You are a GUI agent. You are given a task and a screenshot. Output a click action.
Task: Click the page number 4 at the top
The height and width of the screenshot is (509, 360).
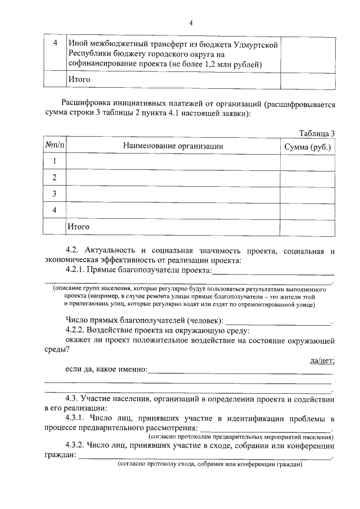pos(191,22)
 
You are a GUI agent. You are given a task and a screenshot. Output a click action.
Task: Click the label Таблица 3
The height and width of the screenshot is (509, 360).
pos(317,133)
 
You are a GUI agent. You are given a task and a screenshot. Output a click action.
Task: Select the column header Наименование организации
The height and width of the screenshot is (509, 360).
pos(173,146)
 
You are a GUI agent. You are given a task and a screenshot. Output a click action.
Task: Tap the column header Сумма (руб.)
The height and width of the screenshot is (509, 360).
pos(308,147)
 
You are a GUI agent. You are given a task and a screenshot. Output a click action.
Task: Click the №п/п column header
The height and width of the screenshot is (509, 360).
pos(55,146)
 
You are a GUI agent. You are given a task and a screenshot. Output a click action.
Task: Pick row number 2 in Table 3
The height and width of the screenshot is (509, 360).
pos(55,178)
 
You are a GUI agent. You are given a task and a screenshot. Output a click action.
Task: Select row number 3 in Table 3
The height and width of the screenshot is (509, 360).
pos(55,194)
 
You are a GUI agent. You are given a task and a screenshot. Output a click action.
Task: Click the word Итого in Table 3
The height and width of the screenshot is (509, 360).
pos(79,226)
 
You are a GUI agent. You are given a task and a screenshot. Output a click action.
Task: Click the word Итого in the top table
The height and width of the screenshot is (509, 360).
pos(79,79)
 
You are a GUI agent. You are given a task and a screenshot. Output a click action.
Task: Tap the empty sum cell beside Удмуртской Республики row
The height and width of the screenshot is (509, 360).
pos(308,54)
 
